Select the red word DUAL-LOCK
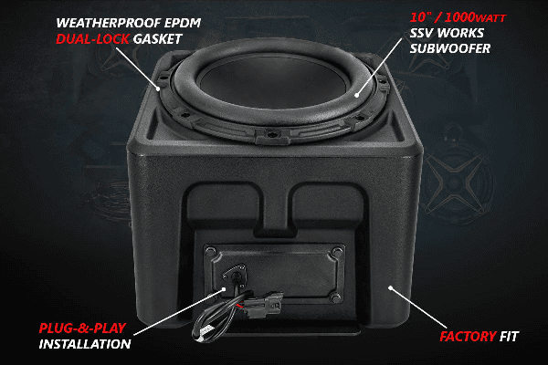click(x=88, y=39)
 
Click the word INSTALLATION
click(x=85, y=345)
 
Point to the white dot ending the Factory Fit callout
click(x=390, y=288)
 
